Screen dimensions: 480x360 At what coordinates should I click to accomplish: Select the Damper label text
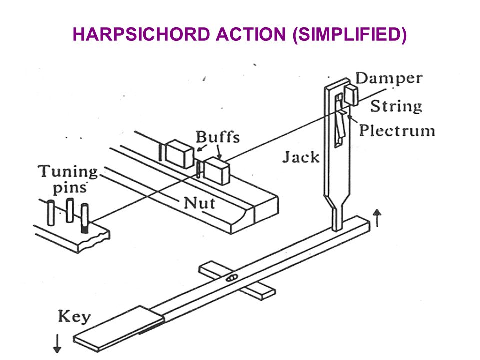[x=389, y=79]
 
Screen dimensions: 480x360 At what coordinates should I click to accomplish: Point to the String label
[x=396, y=106]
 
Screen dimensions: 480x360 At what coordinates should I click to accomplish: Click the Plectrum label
[x=397, y=130]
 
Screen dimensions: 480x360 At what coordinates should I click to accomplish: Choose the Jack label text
[x=301, y=157]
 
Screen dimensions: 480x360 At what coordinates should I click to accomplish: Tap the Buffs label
[x=217, y=137]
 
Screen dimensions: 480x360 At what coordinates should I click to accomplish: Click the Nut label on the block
[x=199, y=203]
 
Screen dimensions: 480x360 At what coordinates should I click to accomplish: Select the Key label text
[x=74, y=317]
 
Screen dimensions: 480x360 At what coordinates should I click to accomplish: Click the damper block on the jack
[x=351, y=95]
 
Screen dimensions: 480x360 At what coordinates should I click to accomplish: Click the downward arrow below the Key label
[x=57, y=343]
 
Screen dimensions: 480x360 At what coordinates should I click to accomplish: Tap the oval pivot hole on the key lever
[x=231, y=278]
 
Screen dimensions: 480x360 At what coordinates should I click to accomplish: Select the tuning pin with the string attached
[x=85, y=218]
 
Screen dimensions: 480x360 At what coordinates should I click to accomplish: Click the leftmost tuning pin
[x=51, y=213]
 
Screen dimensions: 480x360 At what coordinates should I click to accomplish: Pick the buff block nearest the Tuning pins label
[x=179, y=154]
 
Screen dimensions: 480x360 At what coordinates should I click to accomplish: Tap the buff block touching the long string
[x=216, y=171]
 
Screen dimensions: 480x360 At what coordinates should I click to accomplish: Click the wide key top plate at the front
[x=119, y=328]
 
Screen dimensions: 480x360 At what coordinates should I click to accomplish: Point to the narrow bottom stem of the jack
[x=336, y=218]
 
